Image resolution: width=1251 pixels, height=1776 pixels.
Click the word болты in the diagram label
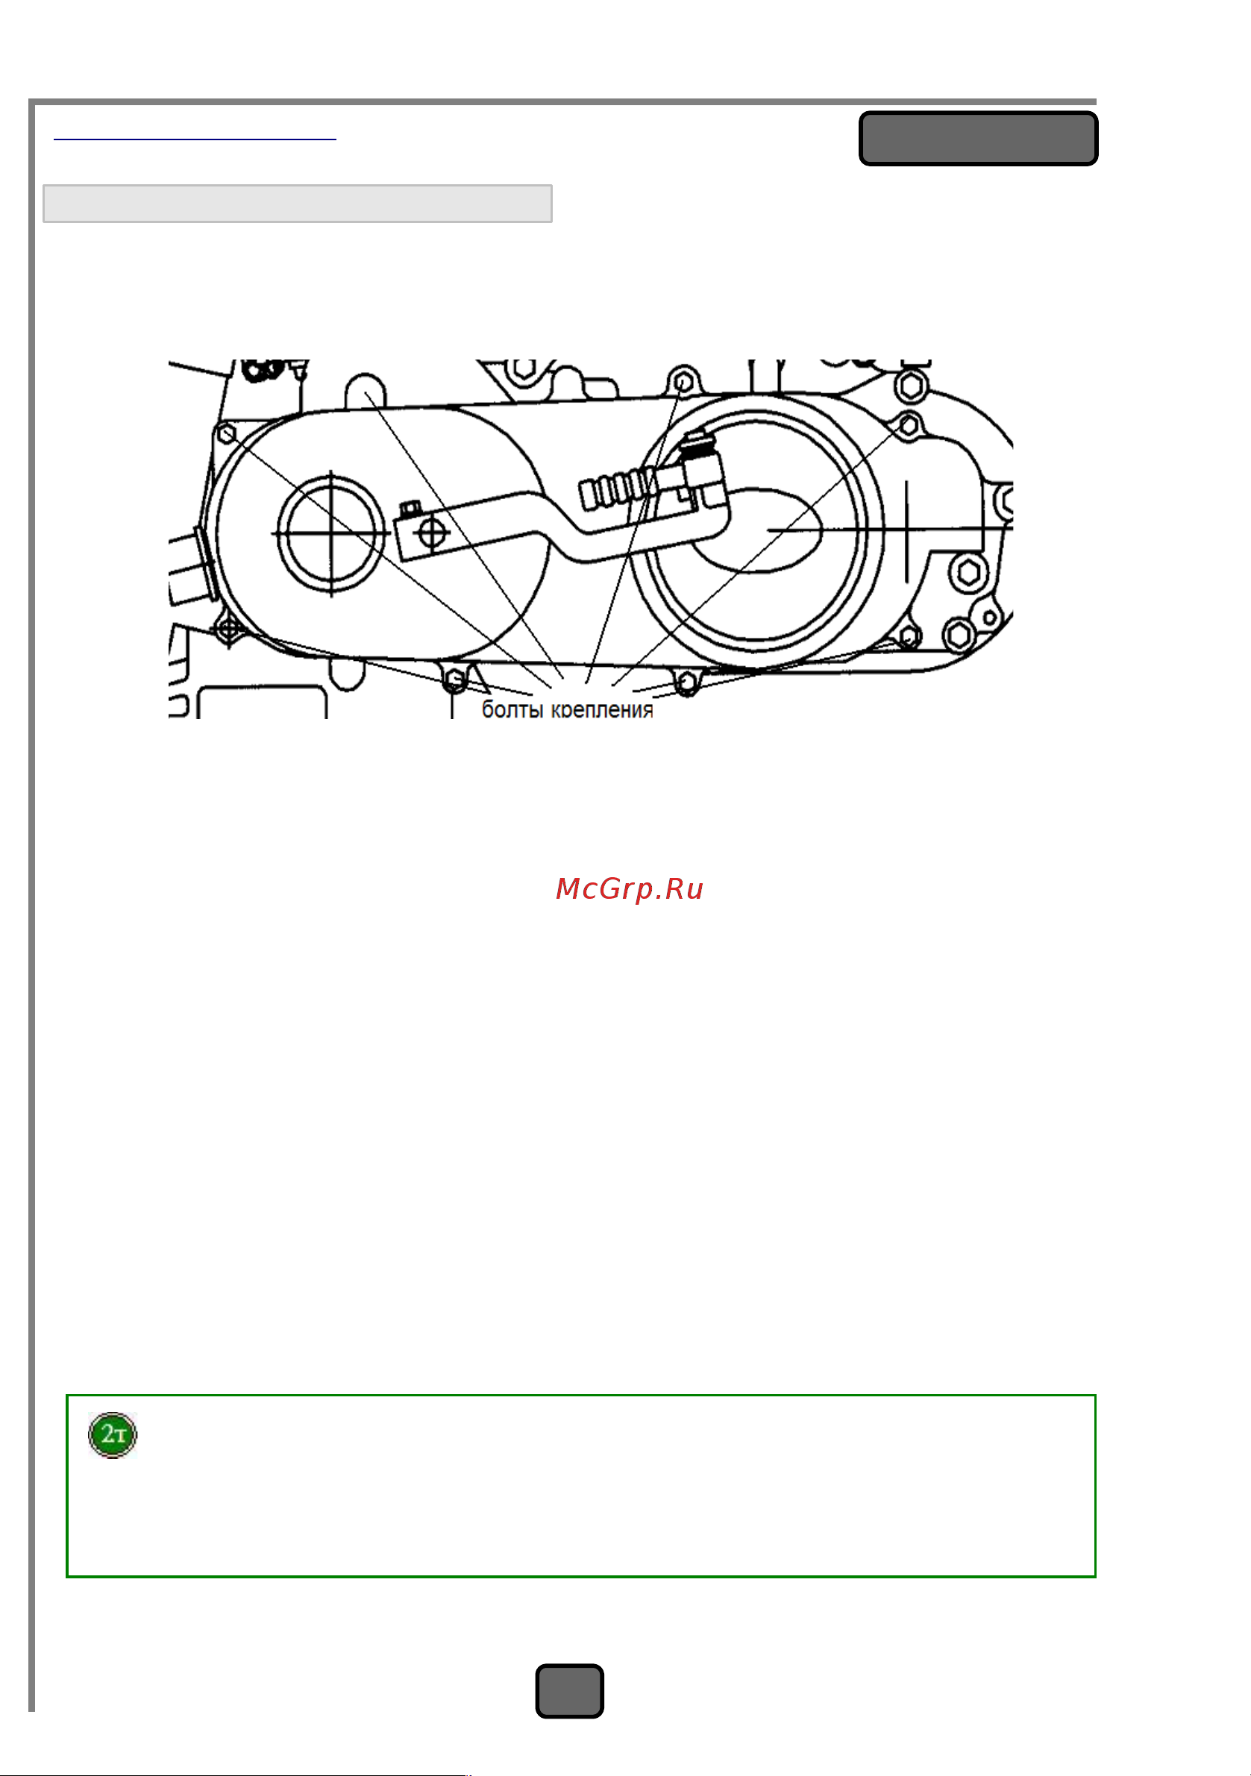click(512, 709)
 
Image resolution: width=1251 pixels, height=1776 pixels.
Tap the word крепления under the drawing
click(602, 709)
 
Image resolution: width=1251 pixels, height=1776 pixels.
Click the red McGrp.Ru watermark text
click(630, 890)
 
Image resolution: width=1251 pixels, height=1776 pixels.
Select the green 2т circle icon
click(113, 1435)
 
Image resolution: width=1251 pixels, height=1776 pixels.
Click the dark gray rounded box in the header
click(978, 139)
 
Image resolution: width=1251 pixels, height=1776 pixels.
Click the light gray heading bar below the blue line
click(298, 204)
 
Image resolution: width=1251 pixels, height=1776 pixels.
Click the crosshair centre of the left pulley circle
click(331, 534)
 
